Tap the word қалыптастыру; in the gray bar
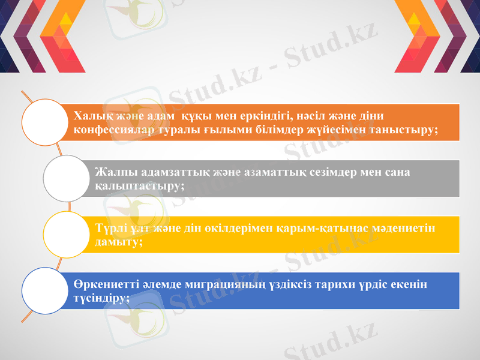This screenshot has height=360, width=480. [x=139, y=186]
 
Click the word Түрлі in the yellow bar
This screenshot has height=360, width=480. [x=109, y=229]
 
